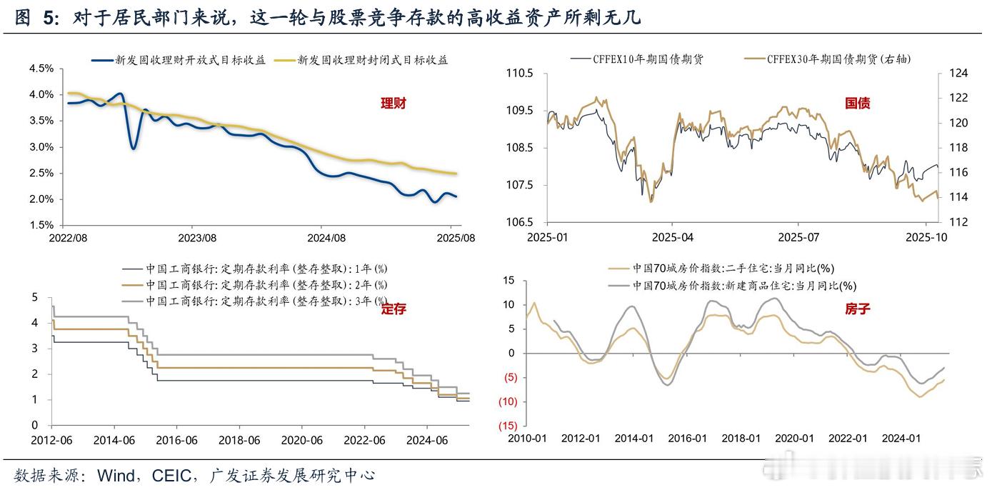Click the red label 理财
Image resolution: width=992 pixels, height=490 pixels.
click(x=393, y=104)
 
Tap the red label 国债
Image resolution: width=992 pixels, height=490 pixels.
click(x=857, y=104)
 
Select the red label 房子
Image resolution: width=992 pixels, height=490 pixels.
click(x=857, y=309)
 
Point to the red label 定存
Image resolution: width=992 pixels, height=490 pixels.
click(x=393, y=309)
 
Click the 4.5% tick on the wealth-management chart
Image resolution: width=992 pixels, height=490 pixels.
click(x=41, y=69)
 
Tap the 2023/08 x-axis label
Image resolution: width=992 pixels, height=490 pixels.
click(x=196, y=237)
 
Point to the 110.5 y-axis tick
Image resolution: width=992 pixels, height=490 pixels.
click(x=520, y=74)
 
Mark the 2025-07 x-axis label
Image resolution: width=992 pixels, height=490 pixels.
click(x=798, y=237)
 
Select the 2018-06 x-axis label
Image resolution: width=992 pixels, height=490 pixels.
click(x=239, y=441)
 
